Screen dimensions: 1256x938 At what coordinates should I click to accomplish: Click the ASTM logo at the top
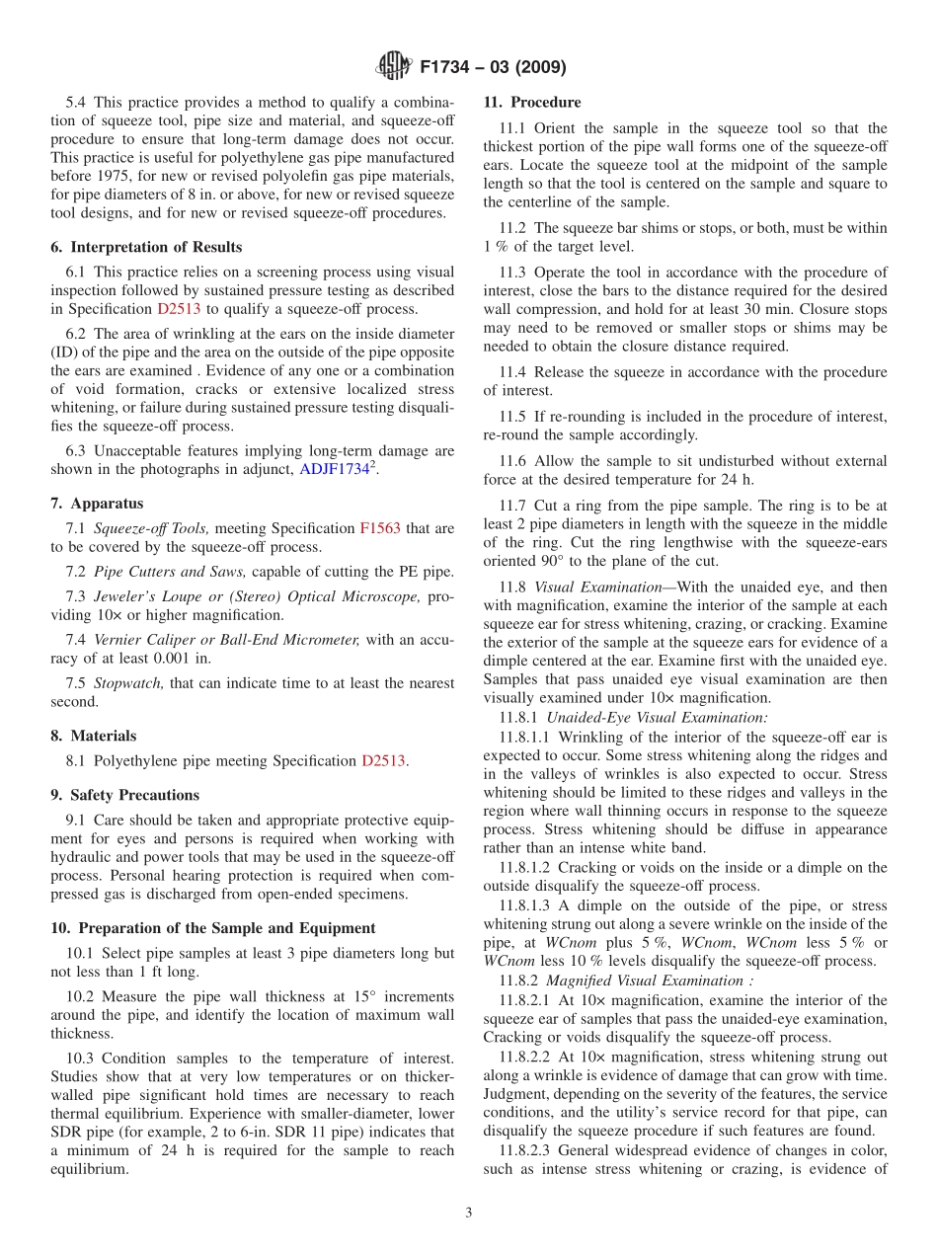coord(393,68)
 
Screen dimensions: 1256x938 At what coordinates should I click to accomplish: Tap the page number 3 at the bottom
coord(468,1213)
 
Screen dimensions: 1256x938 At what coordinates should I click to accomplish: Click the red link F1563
coord(380,528)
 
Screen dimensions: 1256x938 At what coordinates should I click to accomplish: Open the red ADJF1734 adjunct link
coord(336,469)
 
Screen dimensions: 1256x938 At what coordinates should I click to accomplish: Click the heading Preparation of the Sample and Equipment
coord(212,928)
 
